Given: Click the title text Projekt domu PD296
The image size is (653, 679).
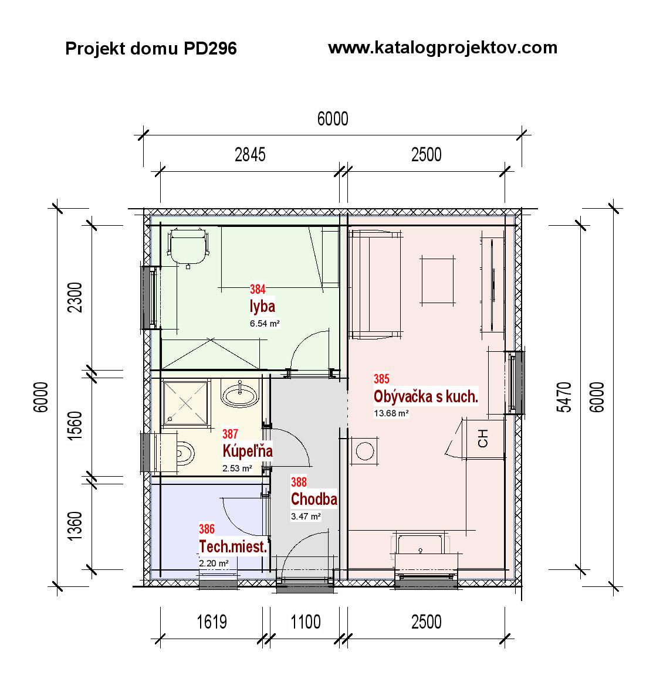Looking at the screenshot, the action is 151,49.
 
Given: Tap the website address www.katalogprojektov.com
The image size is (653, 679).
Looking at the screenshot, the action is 442,48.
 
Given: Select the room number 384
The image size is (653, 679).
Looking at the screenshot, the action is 258,289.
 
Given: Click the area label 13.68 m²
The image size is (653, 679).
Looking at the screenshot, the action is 391,413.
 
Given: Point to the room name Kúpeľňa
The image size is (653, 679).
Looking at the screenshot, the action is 248,451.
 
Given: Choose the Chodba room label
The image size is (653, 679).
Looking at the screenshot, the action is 314,499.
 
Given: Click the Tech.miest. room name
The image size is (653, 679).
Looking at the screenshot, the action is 233,546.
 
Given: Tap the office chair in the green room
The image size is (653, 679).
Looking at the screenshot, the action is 188,247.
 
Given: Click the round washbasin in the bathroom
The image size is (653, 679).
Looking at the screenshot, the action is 239,394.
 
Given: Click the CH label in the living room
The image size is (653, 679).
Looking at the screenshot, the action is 483,438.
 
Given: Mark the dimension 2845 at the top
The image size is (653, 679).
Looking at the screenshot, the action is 250,155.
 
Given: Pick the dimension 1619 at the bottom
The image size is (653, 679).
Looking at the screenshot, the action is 211,622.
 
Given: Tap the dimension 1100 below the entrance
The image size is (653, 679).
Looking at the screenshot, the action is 306,622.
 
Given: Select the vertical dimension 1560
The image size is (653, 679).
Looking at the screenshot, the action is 75,426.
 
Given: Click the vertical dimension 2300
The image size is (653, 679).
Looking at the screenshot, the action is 75,297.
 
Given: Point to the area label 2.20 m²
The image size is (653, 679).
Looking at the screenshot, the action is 214,563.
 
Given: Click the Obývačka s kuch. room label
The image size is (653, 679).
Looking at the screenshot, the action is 426,396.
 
